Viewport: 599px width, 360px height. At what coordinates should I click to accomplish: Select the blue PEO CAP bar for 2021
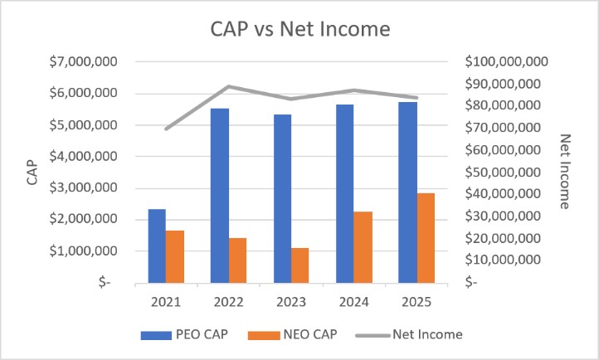click(157, 246)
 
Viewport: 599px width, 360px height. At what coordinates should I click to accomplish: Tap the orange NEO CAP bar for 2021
click(175, 256)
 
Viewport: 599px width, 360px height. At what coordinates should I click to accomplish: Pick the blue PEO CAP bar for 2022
click(219, 196)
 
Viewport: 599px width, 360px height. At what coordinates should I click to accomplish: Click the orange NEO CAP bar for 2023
click(299, 265)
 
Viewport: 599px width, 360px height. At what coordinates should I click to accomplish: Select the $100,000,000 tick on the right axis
click(506, 62)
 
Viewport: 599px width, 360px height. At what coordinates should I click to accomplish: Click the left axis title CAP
click(32, 172)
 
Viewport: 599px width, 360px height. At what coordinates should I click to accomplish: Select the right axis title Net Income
click(567, 171)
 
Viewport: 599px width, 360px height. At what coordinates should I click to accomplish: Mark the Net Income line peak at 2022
click(228, 86)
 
